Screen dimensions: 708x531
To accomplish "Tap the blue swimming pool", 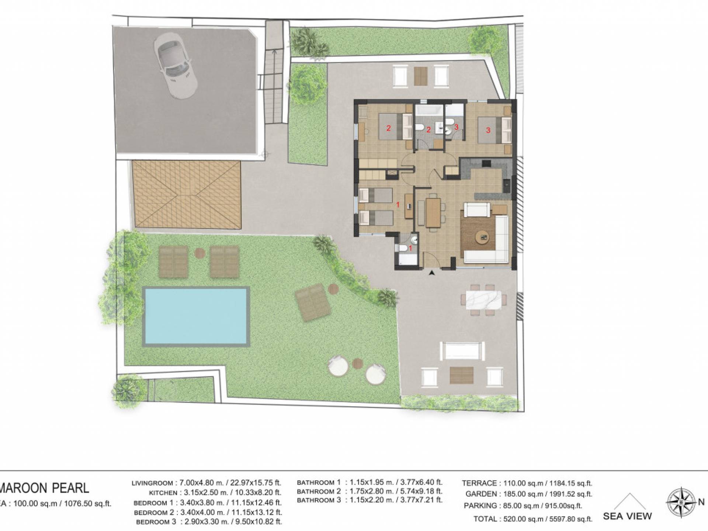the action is (196, 316).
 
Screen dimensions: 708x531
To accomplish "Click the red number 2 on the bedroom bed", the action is (388, 128).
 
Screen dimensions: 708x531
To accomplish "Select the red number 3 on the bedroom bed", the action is (488, 130).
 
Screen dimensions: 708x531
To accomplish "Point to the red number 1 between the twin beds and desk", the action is (398, 204).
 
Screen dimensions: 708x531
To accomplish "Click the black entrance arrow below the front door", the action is (431, 273).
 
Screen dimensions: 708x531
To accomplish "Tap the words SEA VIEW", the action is (627, 516).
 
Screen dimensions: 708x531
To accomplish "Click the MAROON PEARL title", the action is (44, 488).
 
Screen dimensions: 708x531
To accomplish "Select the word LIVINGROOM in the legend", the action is (152, 483).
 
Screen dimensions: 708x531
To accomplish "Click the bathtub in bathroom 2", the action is (429, 110).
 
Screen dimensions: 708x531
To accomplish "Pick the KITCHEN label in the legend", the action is (161, 493).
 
